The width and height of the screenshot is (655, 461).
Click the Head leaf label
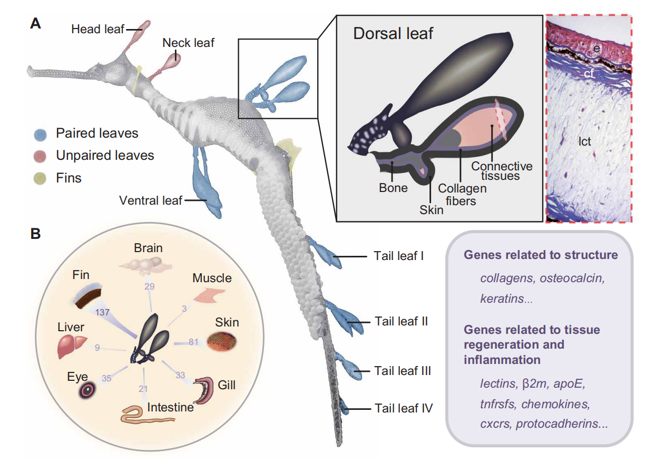tap(97, 29)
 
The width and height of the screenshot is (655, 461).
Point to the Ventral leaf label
tap(150, 200)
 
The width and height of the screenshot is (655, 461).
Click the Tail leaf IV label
tap(404, 408)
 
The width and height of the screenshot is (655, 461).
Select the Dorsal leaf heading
tap(393, 34)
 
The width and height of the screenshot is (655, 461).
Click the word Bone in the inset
tap(393, 187)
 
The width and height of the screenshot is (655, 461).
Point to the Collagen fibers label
tap(462, 194)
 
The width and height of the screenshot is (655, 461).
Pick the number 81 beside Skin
tap(193, 342)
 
